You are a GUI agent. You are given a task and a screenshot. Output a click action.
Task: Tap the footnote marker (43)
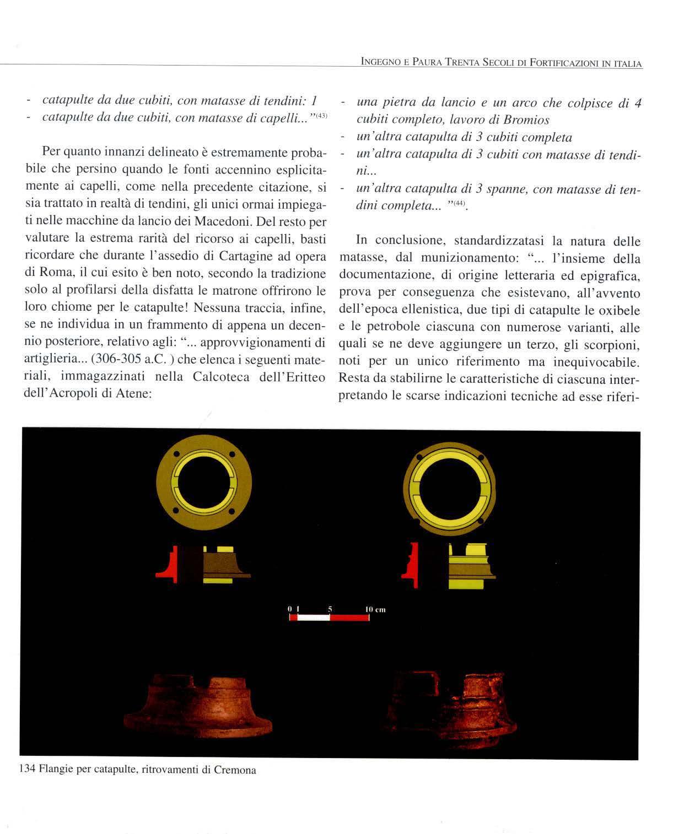pos(321,115)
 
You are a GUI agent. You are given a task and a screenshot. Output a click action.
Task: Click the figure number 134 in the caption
pos(27,770)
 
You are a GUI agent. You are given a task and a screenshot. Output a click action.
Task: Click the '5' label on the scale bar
pos(330,609)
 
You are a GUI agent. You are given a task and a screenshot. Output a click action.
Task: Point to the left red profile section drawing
pos(166,564)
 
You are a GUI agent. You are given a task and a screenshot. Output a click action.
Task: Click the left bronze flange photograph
pos(197,708)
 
